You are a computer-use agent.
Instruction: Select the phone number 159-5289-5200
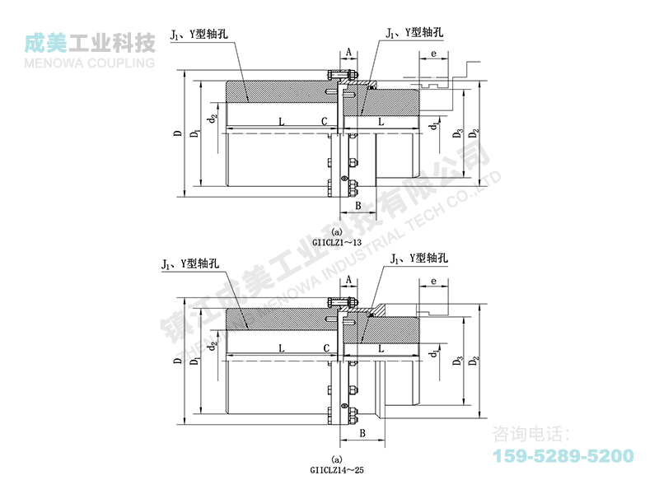coord(563,455)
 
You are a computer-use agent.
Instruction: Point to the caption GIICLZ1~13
coord(337,241)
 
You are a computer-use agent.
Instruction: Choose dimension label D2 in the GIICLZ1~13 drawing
coord(473,133)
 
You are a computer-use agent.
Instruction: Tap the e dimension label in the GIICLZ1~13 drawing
coord(432,54)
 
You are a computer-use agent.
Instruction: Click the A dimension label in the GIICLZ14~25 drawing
coord(349,281)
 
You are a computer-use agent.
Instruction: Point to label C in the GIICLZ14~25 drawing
coord(326,349)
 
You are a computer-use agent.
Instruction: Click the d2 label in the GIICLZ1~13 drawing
coord(213,120)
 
